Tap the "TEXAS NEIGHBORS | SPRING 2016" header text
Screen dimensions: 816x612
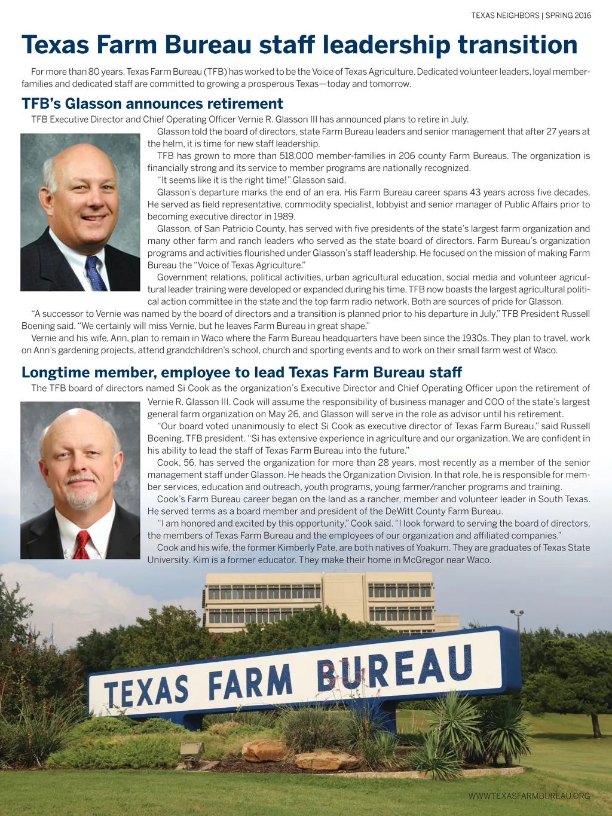point(531,16)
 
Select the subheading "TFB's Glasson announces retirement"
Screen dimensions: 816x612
point(152,103)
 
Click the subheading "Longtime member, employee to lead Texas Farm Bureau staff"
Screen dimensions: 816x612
point(241,372)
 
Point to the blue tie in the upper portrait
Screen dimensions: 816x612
point(94,273)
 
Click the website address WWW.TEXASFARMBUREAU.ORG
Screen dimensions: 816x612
point(529,796)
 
